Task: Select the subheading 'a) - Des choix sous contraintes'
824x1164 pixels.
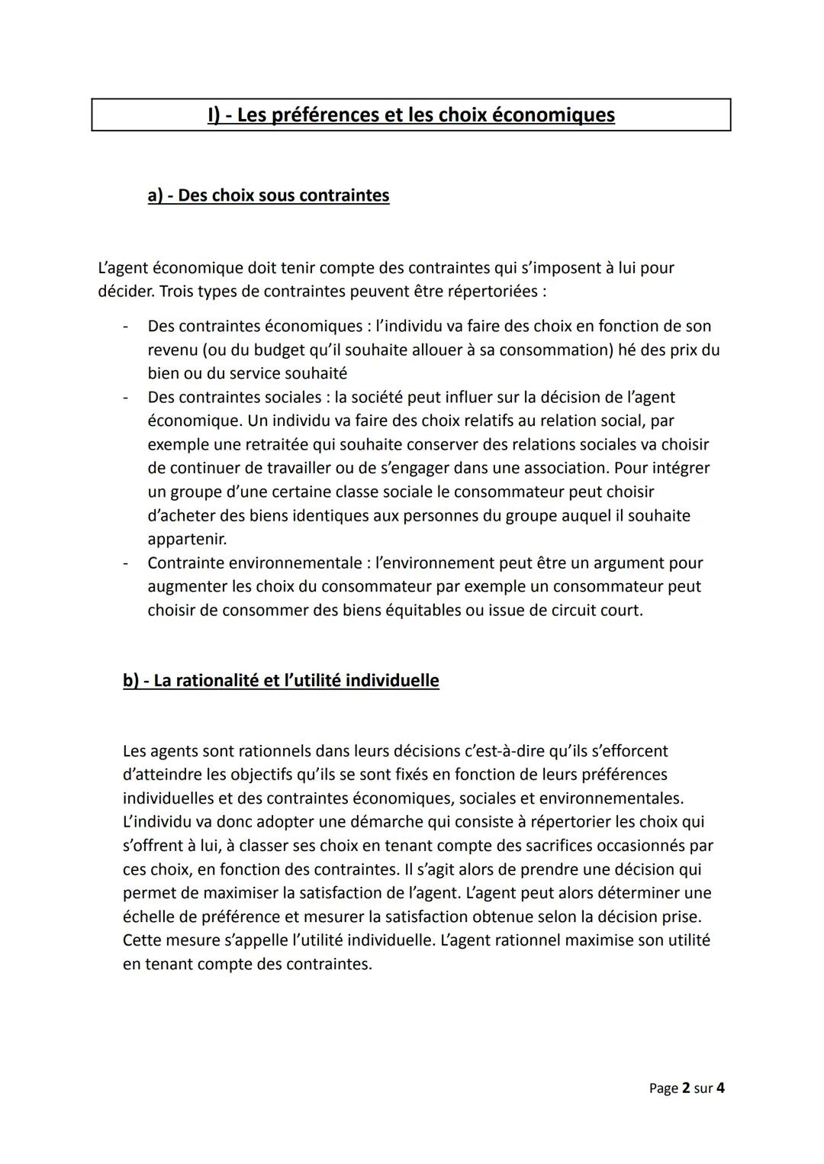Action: [x=269, y=195]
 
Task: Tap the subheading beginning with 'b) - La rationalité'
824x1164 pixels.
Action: [x=281, y=680]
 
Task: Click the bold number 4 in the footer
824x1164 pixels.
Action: [x=720, y=1088]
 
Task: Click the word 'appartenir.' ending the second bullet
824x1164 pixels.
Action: [x=187, y=540]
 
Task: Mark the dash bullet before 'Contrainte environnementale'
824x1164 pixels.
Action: [x=124, y=563]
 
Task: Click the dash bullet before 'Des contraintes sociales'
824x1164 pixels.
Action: [x=124, y=398]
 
